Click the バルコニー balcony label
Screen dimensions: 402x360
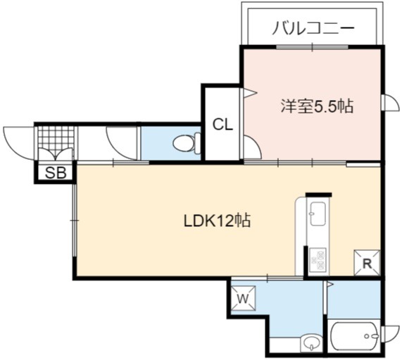[313, 27]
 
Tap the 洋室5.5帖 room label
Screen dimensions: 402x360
[317, 106]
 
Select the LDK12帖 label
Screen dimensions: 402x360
[217, 221]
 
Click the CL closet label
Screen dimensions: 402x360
[222, 125]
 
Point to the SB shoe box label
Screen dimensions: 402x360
[56, 173]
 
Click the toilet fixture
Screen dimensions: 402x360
[187, 143]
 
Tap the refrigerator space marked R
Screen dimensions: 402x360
[367, 263]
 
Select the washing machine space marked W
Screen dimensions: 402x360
[243, 298]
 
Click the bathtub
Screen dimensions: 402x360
[355, 336]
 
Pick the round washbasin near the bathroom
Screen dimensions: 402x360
[311, 342]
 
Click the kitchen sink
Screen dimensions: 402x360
[318, 213]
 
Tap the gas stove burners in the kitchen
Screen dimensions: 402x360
[318, 260]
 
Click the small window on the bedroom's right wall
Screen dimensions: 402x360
[390, 103]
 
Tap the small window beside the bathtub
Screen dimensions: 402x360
[390, 335]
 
